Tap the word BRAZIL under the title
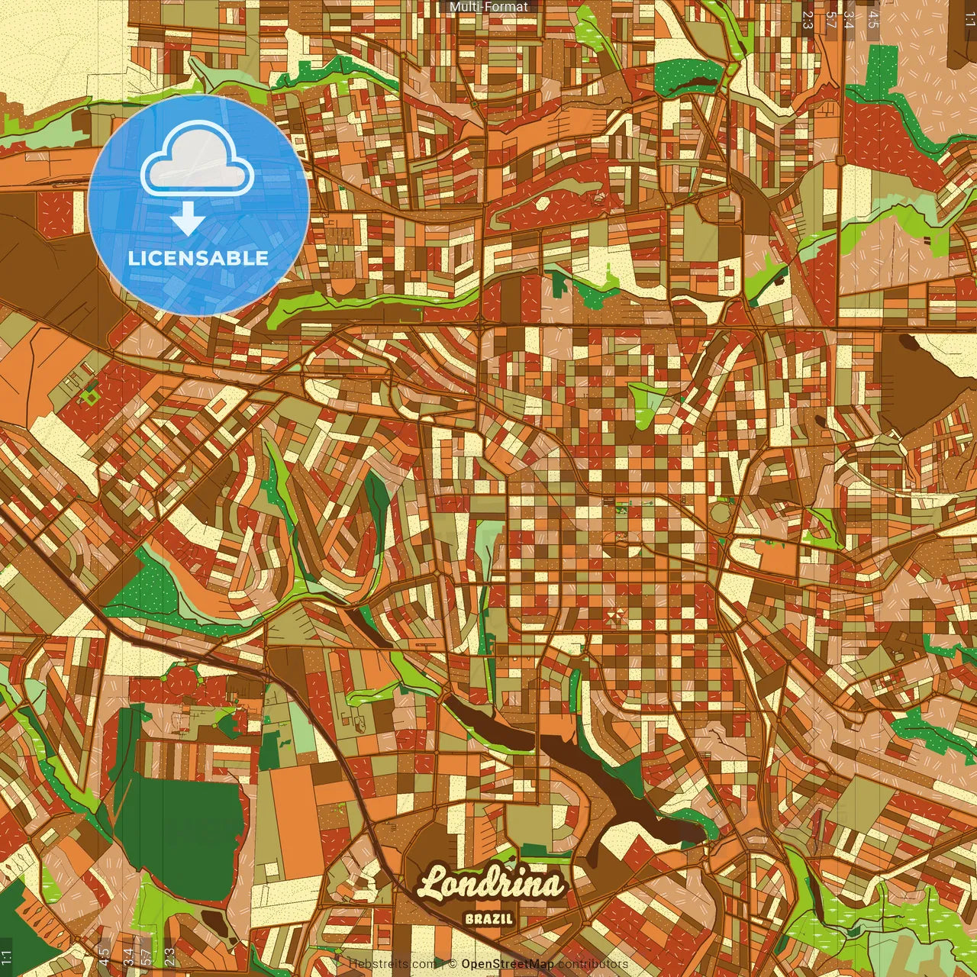tap(488, 919)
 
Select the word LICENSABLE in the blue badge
tap(198, 258)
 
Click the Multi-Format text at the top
tap(488, 7)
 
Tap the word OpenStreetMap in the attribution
tap(507, 964)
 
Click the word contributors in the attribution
tap(592, 964)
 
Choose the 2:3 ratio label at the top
tap(808, 20)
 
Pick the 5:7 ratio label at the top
tap(830, 20)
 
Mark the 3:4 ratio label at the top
tap(850, 20)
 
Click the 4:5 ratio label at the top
tap(874, 20)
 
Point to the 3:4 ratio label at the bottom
tap(128, 954)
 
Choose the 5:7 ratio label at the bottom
tap(148, 954)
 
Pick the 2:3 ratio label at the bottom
tap(169, 954)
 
